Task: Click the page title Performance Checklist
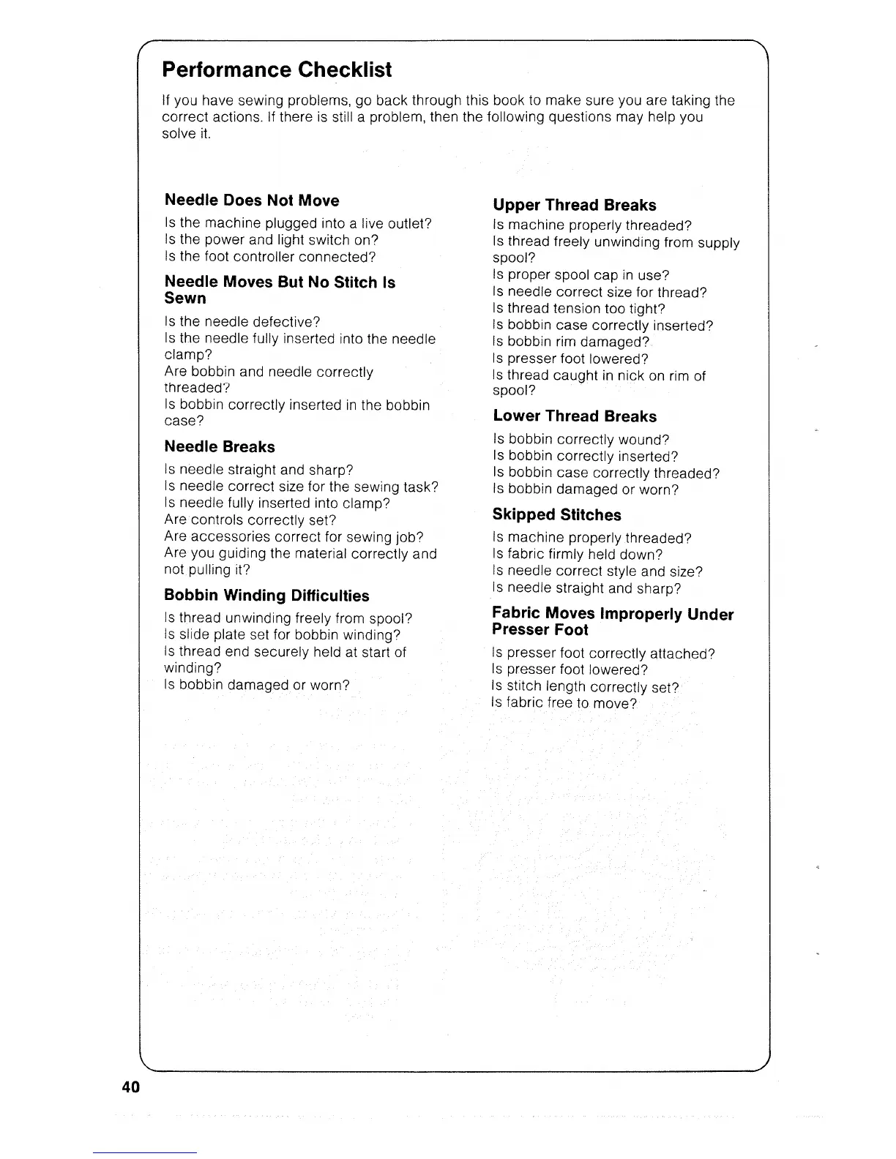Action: (x=277, y=70)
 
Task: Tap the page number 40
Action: (x=131, y=1087)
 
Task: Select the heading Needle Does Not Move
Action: (x=252, y=200)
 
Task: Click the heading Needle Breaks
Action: (x=220, y=447)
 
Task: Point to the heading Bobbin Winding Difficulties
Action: (x=266, y=596)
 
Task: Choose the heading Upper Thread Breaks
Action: (x=575, y=206)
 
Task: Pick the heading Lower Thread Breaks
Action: (x=575, y=416)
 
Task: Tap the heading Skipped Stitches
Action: (x=556, y=515)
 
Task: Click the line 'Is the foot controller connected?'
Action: (x=270, y=257)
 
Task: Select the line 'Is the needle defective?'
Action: (x=242, y=322)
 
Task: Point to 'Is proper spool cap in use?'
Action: (x=581, y=275)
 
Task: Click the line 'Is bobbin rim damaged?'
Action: (x=572, y=342)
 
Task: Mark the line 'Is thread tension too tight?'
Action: (x=579, y=309)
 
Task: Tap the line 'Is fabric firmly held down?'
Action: (x=578, y=555)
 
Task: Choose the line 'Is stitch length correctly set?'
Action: (x=586, y=687)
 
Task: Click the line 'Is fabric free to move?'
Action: (x=564, y=703)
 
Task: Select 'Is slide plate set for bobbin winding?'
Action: (x=283, y=635)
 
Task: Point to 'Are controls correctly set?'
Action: (x=250, y=520)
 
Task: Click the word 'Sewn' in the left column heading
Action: (x=185, y=299)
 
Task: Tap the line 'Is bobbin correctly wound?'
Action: (x=581, y=440)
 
